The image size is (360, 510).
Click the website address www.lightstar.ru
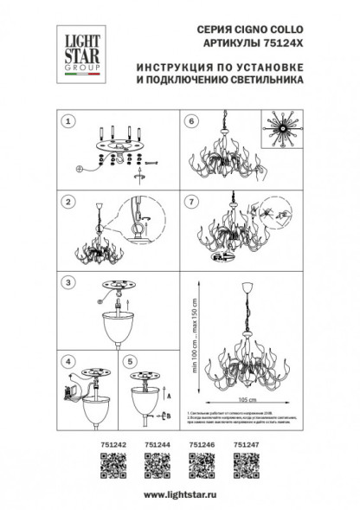179,492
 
